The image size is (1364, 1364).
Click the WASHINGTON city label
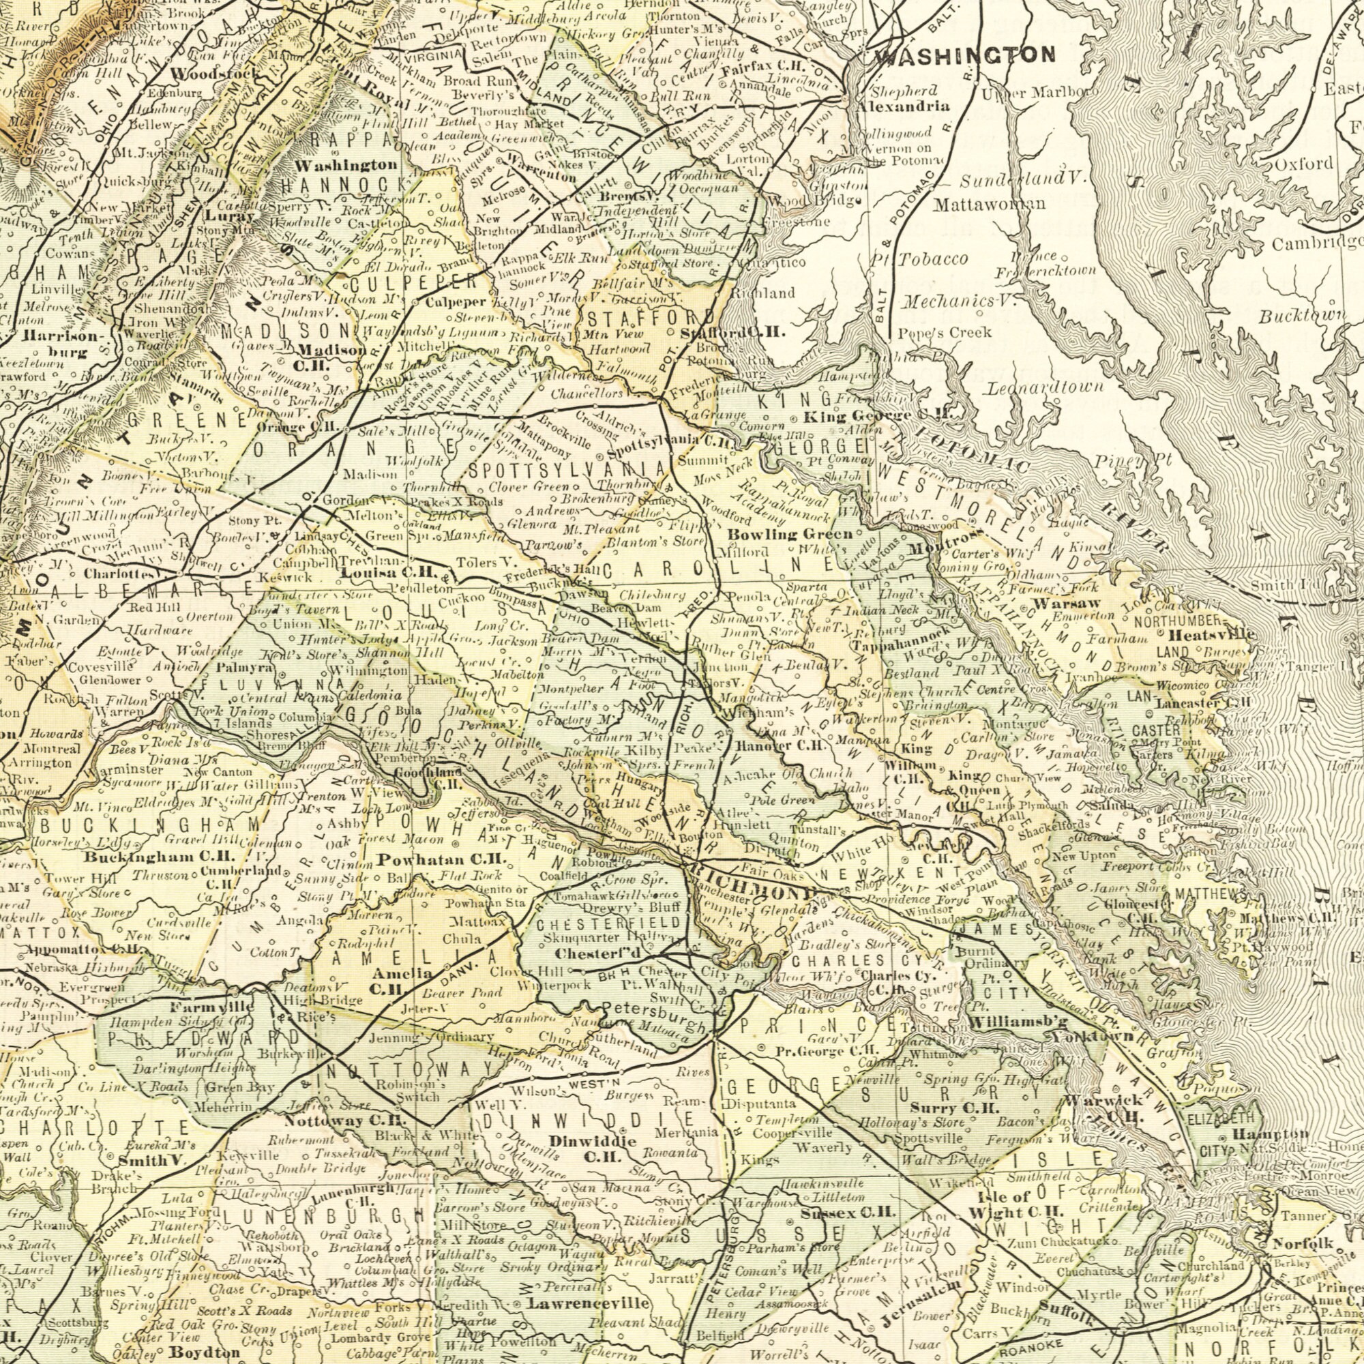coord(964,55)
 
